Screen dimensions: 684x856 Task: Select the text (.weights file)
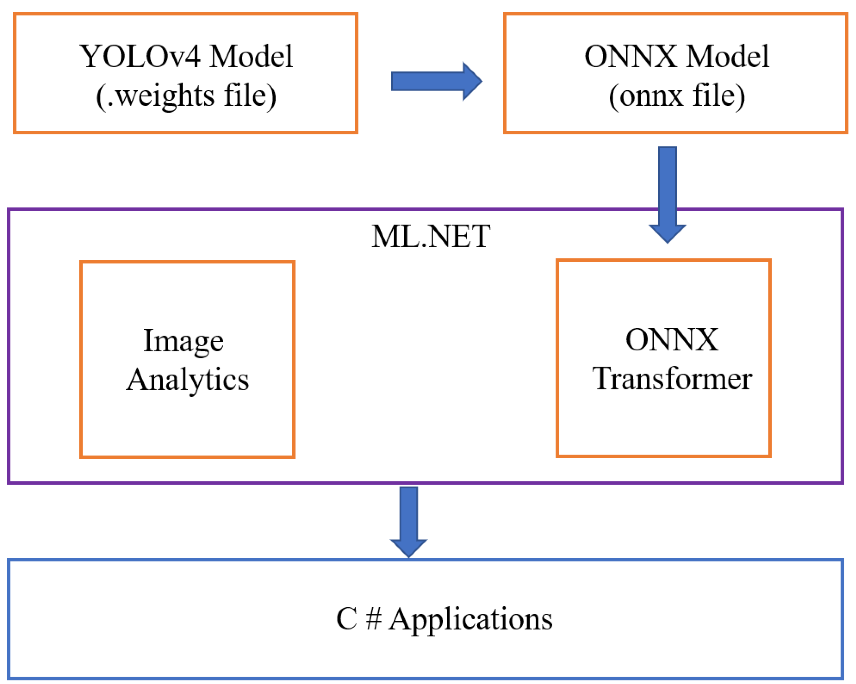(186, 96)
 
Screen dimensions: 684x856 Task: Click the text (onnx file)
(677, 96)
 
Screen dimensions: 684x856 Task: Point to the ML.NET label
(431, 236)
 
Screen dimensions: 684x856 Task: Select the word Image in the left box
(183, 341)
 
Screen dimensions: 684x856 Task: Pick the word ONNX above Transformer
(672, 340)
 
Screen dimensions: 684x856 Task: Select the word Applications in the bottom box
(470, 619)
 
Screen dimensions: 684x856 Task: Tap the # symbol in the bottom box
(373, 619)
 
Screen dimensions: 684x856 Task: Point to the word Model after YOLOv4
(251, 56)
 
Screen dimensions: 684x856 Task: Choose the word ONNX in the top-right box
(630, 56)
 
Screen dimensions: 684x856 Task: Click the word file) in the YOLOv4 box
(250, 96)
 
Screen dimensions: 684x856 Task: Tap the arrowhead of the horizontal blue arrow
(472, 81)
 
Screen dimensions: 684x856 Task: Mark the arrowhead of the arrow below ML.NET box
(408, 548)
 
